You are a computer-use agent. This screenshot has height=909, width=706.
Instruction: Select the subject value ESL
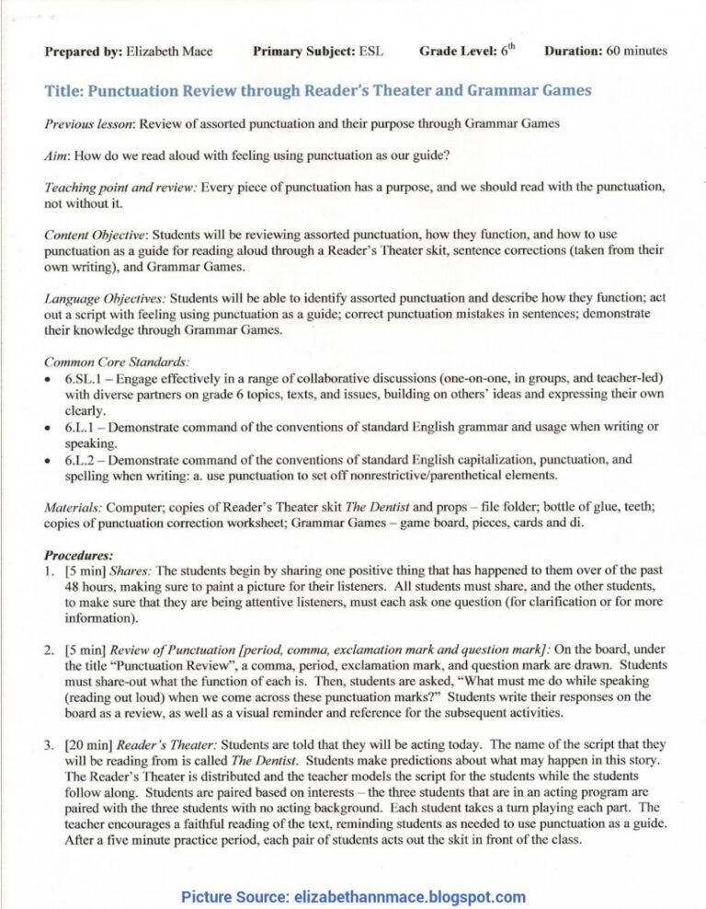[x=370, y=52]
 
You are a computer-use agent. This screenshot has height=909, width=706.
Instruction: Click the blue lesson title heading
[x=317, y=91]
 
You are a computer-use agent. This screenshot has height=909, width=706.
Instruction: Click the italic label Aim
[x=59, y=155]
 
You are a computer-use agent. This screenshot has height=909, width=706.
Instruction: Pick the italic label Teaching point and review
[x=120, y=188]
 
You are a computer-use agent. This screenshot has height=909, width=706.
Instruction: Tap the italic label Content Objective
[x=96, y=235]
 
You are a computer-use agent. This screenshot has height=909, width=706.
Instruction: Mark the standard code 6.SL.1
[x=86, y=379]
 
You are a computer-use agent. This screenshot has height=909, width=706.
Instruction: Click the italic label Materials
[x=74, y=507]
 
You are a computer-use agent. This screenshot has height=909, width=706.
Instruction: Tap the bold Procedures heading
[x=79, y=555]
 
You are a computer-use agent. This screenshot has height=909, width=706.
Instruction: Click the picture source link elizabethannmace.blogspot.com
[x=408, y=897]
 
